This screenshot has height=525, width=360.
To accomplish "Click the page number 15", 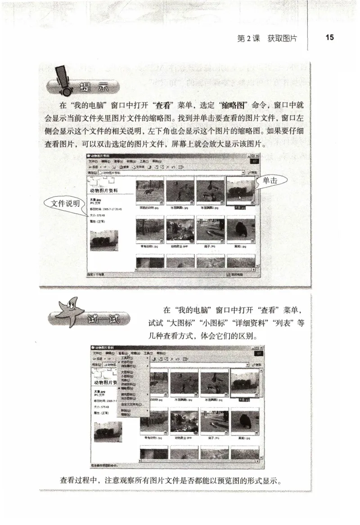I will click(329, 38).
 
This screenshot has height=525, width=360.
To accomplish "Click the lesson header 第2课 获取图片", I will click(267, 38).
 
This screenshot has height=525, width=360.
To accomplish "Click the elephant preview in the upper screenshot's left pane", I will click(104, 240).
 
